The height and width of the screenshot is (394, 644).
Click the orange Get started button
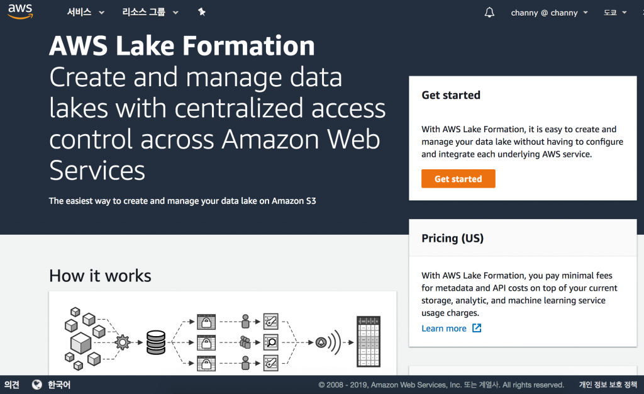(458, 179)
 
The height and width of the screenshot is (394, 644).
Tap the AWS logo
(20, 12)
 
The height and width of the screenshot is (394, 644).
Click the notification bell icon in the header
(489, 13)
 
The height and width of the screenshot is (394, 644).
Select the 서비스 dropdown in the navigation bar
(86, 12)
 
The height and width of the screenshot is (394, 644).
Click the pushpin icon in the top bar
(201, 12)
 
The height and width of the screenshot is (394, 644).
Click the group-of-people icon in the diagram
(245, 342)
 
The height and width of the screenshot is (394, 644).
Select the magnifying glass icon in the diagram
(271, 342)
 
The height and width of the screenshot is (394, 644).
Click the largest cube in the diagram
(80, 342)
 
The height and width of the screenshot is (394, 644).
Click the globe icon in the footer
(37, 385)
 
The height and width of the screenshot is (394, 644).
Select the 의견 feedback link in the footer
(12, 385)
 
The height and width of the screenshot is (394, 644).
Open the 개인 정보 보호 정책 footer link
(608, 385)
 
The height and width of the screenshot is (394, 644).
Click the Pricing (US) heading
(452, 239)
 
